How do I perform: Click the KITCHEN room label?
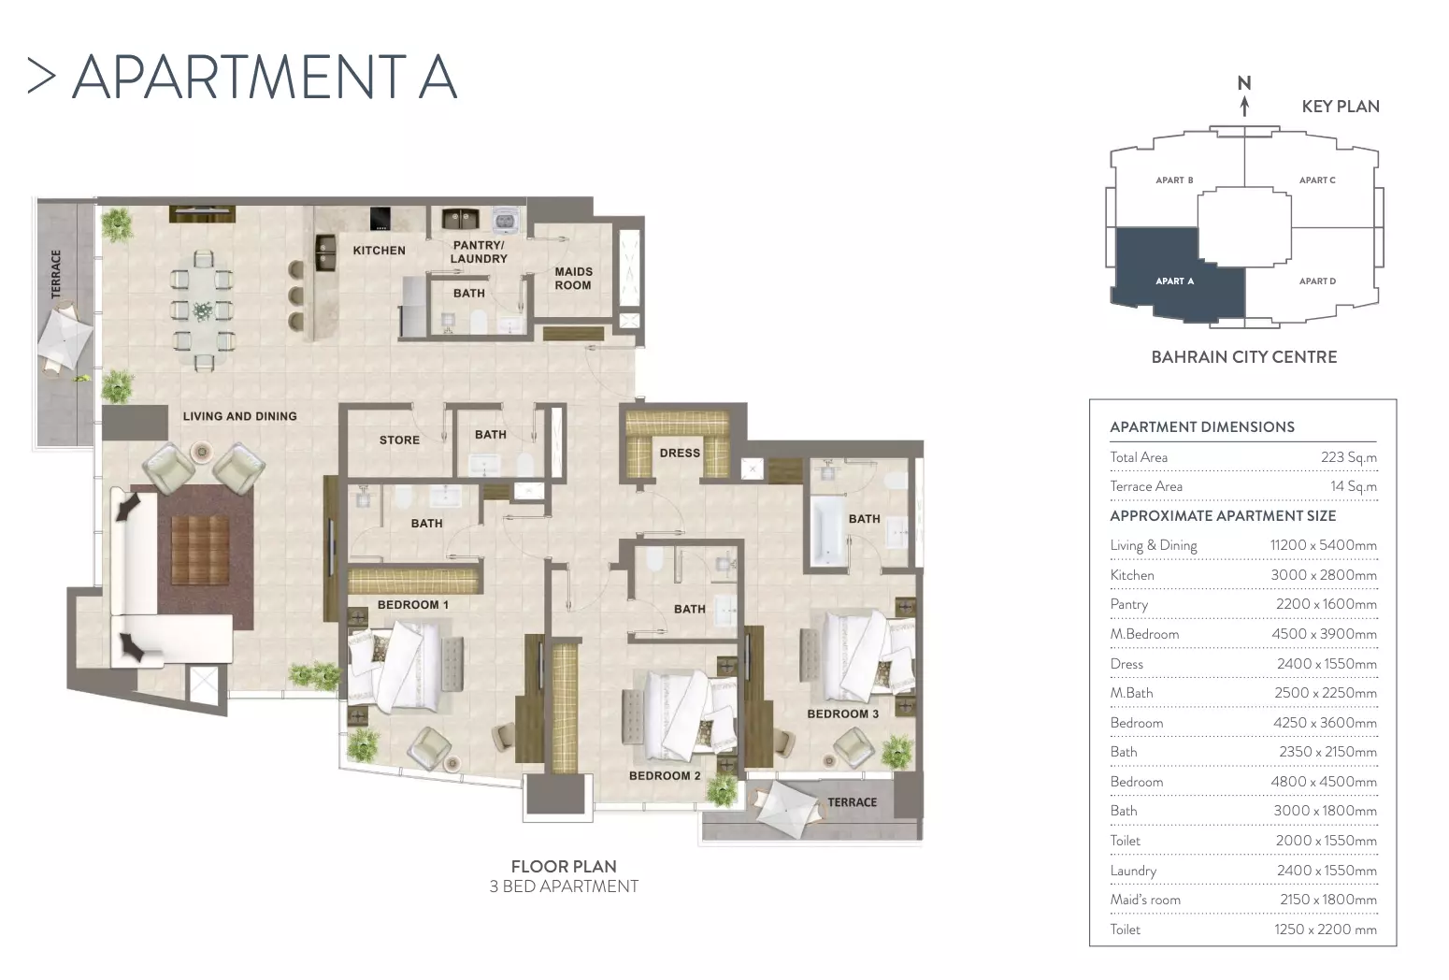pos(379,251)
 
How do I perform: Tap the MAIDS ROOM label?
pos(573,278)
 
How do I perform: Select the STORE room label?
pos(399,440)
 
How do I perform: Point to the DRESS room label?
pos(680,453)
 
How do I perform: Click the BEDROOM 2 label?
pos(665,775)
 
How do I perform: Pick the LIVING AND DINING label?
pos(240,416)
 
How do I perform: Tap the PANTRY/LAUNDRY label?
pos(479,252)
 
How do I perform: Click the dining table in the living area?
pos(203,311)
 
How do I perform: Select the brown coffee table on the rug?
pos(200,549)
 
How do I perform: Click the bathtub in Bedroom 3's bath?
pos(828,530)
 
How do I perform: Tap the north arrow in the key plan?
pos(1244,106)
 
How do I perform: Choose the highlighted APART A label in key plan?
pos(1175,281)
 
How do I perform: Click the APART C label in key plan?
pos(1317,180)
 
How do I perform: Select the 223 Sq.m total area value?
pos(1349,457)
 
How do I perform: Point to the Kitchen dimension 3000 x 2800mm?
pos(1324,574)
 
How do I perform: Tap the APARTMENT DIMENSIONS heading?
pos(1202,427)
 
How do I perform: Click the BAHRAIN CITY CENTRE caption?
pos(1244,357)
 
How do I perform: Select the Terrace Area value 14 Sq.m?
pos(1354,486)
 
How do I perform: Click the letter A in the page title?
pos(438,77)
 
